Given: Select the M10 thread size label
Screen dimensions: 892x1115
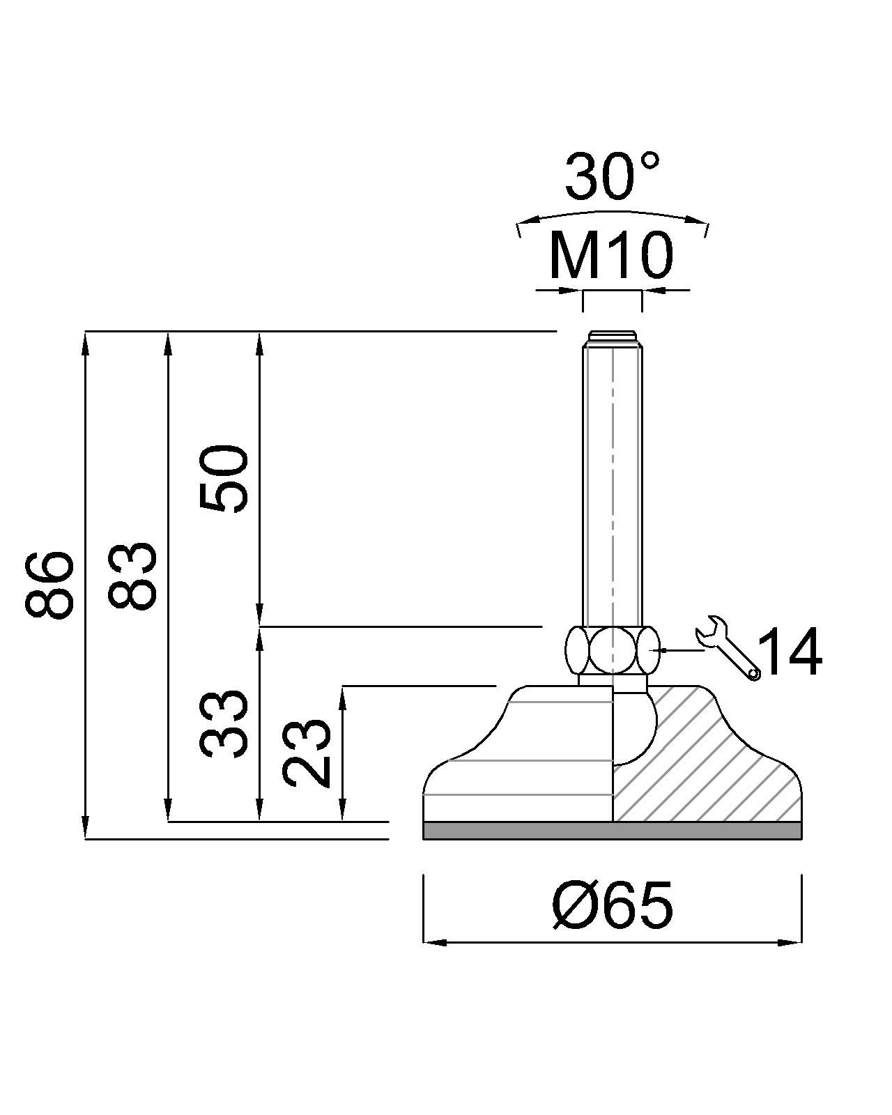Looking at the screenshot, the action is click(x=611, y=256).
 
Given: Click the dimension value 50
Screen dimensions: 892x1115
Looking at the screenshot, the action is click(x=224, y=478).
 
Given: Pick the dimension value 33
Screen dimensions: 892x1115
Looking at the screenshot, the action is click(x=224, y=724).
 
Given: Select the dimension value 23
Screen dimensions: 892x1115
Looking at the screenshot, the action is click(x=307, y=753).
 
